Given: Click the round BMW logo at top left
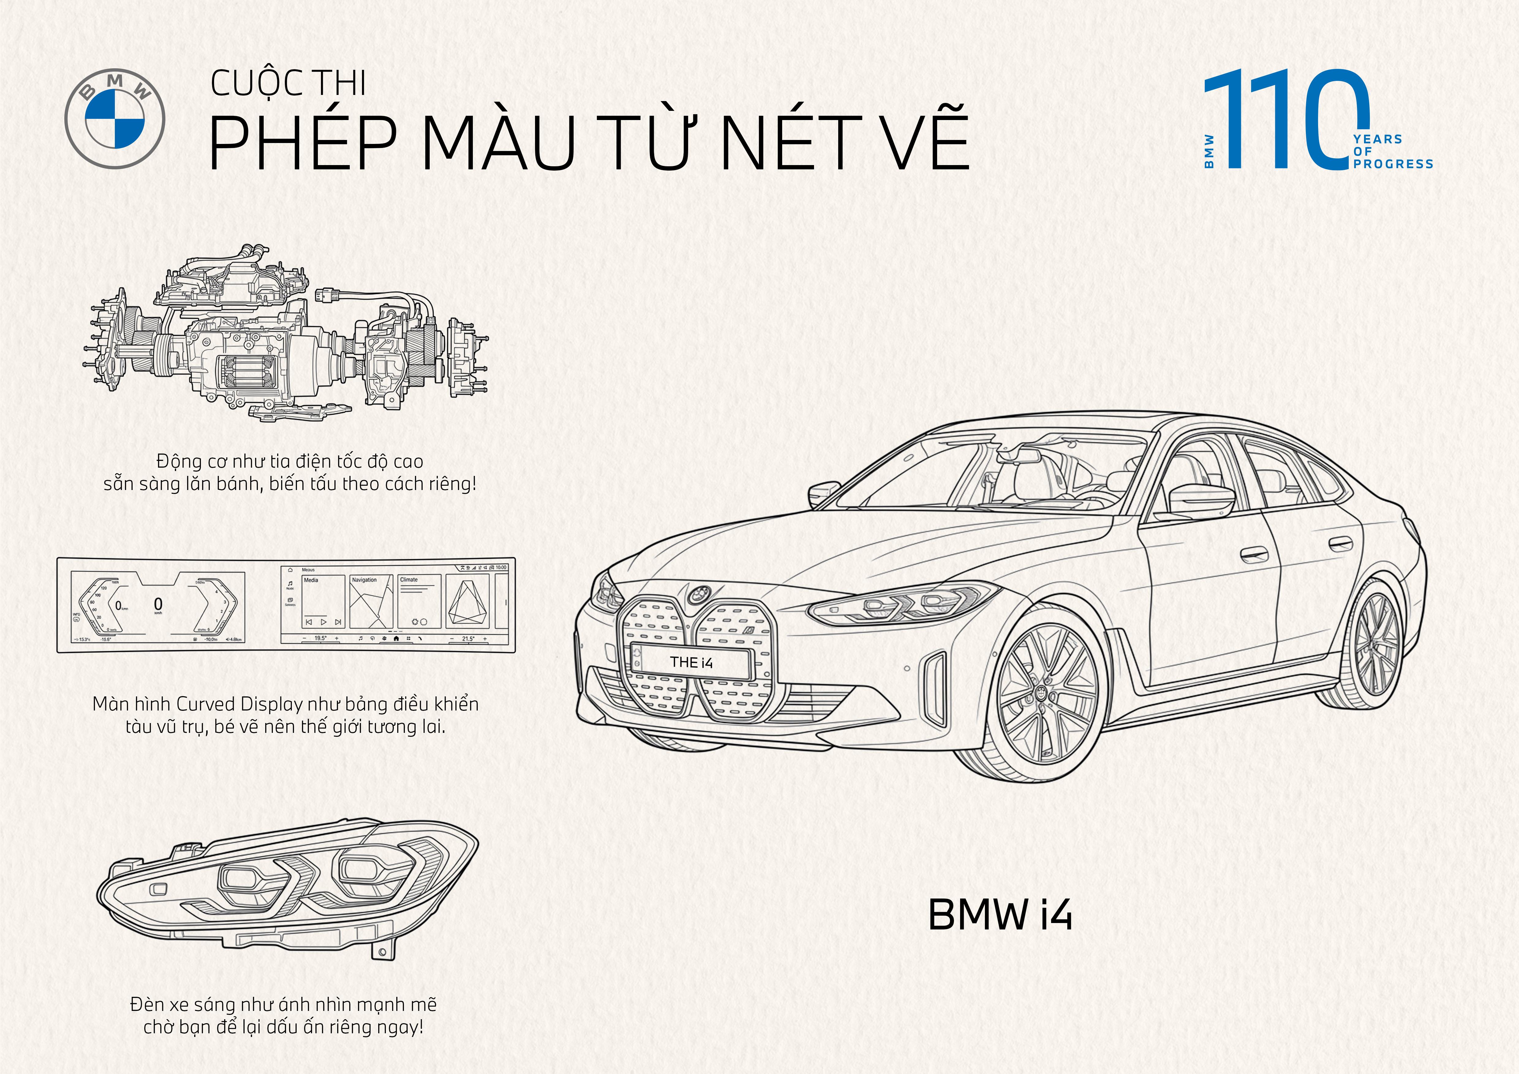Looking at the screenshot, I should [x=115, y=119].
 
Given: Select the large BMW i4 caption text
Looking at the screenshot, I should [x=1000, y=914].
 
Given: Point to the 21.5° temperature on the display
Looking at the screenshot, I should [x=468, y=639].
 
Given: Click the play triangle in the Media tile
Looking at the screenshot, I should [x=323, y=622].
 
